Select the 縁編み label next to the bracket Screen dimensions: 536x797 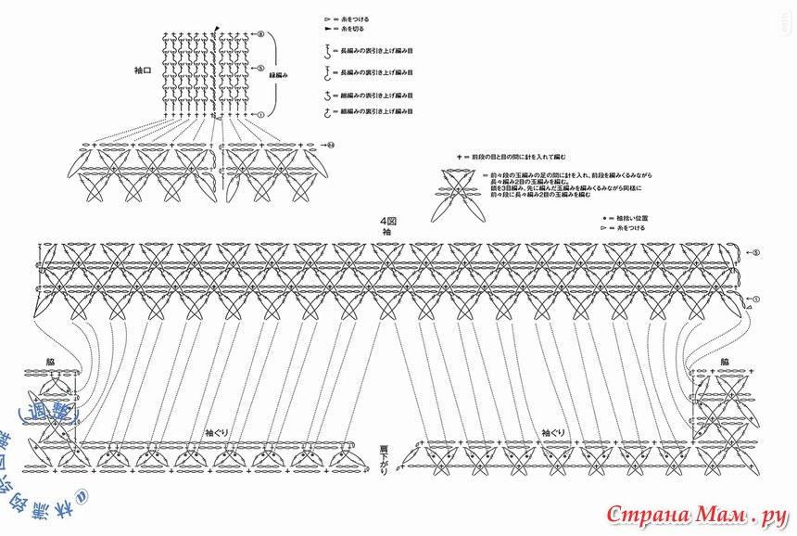pyautogui.click(x=282, y=74)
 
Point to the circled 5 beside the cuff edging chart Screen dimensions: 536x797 pyautogui.click(x=260, y=69)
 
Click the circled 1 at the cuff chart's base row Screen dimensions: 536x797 pyautogui.click(x=260, y=114)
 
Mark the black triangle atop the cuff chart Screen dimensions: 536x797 pyautogui.click(x=217, y=28)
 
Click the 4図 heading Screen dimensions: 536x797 pyautogui.click(x=386, y=221)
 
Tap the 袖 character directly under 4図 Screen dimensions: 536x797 pyautogui.click(x=386, y=232)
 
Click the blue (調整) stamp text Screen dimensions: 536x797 pyautogui.click(x=56, y=407)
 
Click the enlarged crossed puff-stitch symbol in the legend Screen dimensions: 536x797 pyautogui.click(x=460, y=194)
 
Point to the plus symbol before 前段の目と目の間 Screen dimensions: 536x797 pyautogui.click(x=458, y=158)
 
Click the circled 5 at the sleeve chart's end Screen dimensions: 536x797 pyautogui.click(x=755, y=252)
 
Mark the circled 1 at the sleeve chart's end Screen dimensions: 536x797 pyautogui.click(x=755, y=299)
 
